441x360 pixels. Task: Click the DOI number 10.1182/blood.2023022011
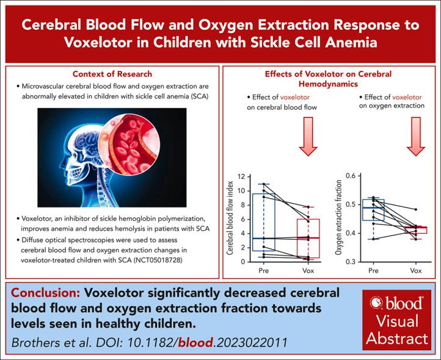204,340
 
